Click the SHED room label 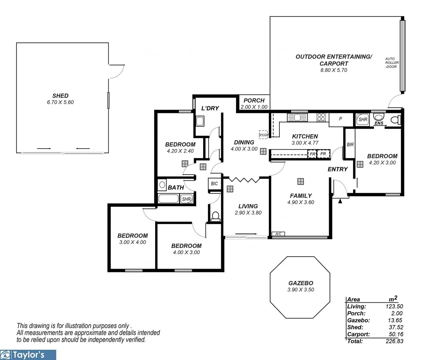point(60,96)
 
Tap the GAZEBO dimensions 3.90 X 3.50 point(300,290)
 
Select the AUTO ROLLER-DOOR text point(392,63)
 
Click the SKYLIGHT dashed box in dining point(263,134)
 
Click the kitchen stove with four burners point(321,117)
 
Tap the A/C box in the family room point(278,234)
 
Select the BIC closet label point(214,184)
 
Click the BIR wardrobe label point(350,145)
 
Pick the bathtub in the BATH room point(169,199)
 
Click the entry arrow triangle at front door point(340,201)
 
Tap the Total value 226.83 point(394,341)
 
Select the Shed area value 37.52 point(396,327)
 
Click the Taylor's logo point(28,355)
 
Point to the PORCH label point(254,100)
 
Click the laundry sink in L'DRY point(200,121)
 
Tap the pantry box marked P point(340,119)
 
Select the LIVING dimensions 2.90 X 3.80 point(248,213)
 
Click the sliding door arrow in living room point(248,234)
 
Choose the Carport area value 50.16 point(396,334)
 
